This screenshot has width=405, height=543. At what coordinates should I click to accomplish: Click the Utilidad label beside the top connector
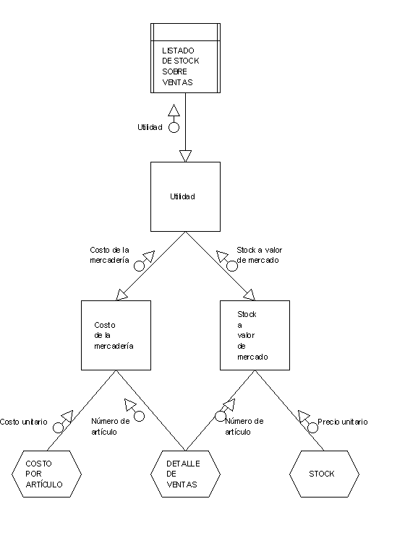point(150,127)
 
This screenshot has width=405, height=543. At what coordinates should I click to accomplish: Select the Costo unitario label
point(24,422)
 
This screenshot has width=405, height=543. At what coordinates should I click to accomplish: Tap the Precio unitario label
point(343,422)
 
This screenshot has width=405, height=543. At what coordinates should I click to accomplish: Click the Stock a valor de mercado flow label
point(260,255)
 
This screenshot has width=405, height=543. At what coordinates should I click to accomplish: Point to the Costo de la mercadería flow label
point(110,255)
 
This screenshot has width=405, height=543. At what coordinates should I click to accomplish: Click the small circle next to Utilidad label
point(174,127)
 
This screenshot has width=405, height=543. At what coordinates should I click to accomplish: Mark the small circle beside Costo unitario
point(59,427)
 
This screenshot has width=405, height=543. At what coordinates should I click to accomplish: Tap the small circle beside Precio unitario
point(312,427)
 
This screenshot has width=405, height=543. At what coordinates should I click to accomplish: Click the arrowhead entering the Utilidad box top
point(186,156)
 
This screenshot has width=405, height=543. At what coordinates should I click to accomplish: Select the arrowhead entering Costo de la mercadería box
point(121,295)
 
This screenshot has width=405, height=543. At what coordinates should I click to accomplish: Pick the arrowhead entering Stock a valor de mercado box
point(250,295)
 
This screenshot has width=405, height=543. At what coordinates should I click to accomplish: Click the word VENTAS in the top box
point(177,82)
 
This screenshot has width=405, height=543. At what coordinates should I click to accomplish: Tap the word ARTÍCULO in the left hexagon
point(44,484)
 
